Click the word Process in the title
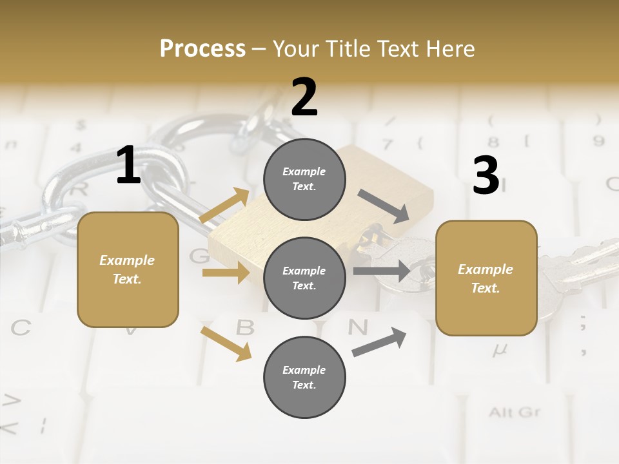202,48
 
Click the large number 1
128,166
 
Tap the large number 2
304,97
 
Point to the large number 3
486,175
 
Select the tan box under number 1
128,269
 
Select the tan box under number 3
486,278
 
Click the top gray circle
304,179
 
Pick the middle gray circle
304,278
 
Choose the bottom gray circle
304,377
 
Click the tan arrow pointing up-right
224,206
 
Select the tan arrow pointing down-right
226,343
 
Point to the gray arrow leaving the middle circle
381,271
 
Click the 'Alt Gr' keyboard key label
514,412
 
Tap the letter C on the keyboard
20,328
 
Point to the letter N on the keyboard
358,327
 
